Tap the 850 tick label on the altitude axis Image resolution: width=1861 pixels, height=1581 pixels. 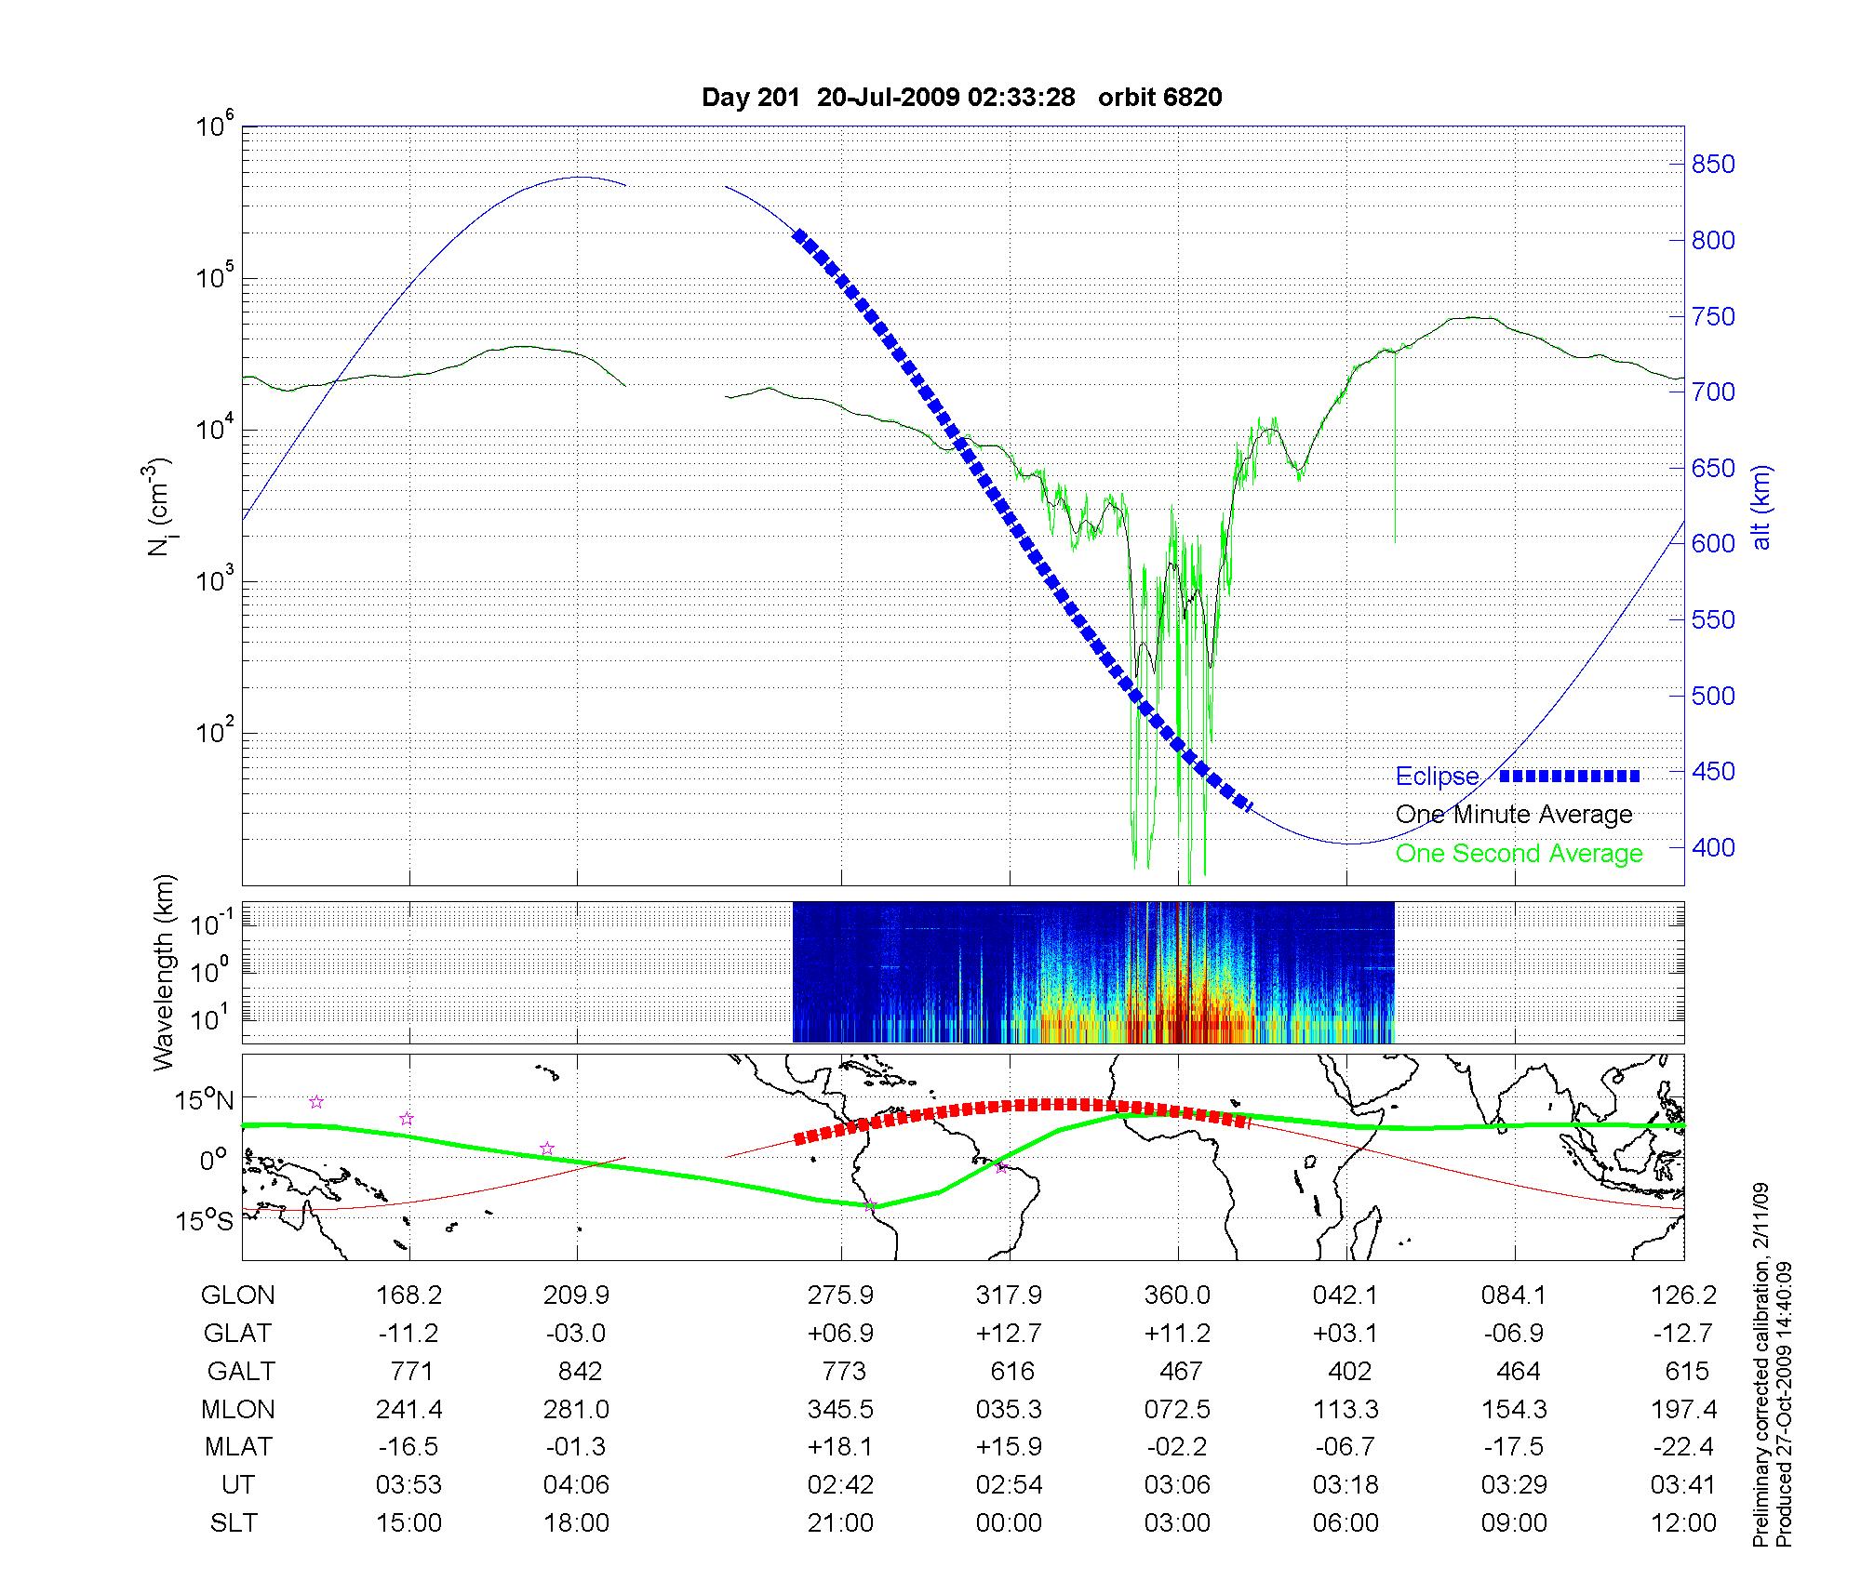click(x=1713, y=165)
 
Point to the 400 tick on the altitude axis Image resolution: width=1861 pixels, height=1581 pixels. click(x=1713, y=847)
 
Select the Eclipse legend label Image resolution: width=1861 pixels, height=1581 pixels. click(x=1437, y=777)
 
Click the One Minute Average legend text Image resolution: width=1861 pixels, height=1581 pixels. click(x=1514, y=815)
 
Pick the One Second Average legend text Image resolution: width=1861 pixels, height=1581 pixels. click(x=1519, y=854)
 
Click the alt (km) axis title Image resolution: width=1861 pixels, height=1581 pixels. click(x=1761, y=507)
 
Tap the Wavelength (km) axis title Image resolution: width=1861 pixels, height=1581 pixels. click(x=165, y=972)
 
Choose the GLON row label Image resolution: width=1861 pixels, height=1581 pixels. click(x=238, y=1295)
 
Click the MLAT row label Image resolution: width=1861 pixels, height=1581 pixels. click(x=238, y=1447)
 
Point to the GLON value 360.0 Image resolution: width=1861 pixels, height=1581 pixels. click(x=1177, y=1295)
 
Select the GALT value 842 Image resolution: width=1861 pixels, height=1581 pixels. click(x=577, y=1372)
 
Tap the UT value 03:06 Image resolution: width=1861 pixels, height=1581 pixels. click(x=1177, y=1485)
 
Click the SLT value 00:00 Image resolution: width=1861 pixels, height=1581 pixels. click(x=1009, y=1523)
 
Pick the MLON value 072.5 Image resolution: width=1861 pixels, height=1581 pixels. click(x=1177, y=1410)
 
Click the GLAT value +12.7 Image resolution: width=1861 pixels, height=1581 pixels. click(x=1009, y=1334)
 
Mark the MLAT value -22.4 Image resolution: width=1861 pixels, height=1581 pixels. click(x=1683, y=1447)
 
